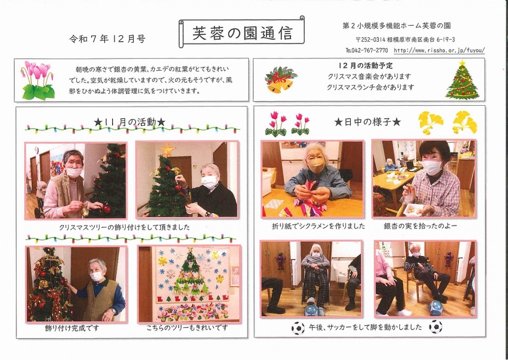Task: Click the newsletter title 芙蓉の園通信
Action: click(242, 33)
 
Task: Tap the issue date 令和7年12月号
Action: click(107, 39)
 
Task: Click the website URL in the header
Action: click(440, 50)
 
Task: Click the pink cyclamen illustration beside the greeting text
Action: click(38, 80)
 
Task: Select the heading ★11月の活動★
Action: click(129, 122)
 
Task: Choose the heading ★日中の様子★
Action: click(368, 122)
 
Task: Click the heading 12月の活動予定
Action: click(366, 66)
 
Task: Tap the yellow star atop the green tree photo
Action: click(168, 150)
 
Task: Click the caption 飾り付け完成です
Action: click(72, 328)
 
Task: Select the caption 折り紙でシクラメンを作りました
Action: click(318, 226)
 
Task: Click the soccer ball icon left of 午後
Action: click(298, 328)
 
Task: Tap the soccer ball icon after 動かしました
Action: click(436, 327)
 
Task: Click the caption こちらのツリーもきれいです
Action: click(187, 328)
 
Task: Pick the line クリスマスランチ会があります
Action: click(371, 87)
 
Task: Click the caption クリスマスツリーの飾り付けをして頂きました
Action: click(125, 227)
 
